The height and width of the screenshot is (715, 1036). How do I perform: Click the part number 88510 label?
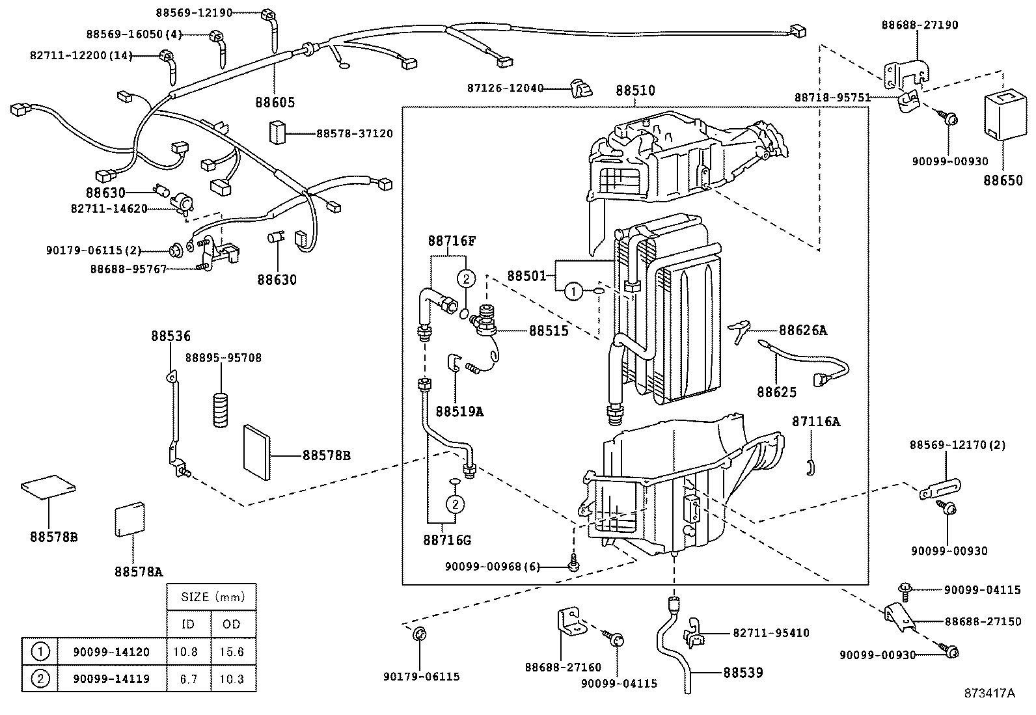point(635,91)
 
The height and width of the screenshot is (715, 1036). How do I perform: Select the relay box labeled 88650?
point(1003,115)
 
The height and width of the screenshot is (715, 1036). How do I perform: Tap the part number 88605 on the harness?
point(275,102)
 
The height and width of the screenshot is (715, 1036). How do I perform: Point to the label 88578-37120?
point(355,134)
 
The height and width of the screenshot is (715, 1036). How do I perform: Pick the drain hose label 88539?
point(743,673)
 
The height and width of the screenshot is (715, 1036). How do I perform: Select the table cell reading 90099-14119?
point(111,679)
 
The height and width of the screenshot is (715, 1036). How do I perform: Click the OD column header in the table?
point(232,625)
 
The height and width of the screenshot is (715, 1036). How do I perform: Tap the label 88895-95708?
point(223,358)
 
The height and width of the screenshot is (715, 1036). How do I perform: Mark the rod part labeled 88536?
point(174,420)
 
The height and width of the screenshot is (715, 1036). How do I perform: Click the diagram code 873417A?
point(989,693)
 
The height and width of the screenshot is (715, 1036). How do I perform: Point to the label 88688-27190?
point(920,25)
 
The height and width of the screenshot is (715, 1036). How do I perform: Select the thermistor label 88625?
point(776,392)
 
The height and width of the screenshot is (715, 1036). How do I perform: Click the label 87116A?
point(815,422)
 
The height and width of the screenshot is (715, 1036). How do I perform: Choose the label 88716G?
point(446,540)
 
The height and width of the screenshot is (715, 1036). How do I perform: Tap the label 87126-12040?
point(505,88)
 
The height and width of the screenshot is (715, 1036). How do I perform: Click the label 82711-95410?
point(771,633)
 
